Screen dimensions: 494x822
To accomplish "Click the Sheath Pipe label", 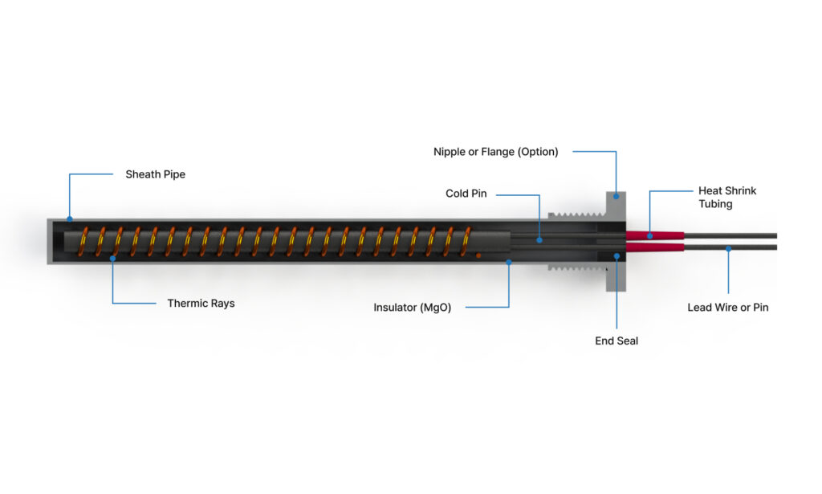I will [x=155, y=174].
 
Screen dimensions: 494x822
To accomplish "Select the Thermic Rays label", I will [x=201, y=304].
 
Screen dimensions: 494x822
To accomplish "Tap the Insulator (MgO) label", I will [x=412, y=308].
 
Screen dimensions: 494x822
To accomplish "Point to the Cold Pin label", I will [x=466, y=194].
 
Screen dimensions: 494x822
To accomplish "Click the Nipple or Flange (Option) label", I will [x=495, y=152].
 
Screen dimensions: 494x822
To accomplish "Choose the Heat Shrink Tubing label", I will [x=727, y=198].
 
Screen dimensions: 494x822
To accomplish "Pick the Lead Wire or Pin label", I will [x=727, y=308].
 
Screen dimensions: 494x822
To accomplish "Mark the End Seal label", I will [x=616, y=341].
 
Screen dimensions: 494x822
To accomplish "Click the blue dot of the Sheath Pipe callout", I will [x=69, y=218].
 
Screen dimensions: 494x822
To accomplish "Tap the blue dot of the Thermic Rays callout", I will [x=112, y=259].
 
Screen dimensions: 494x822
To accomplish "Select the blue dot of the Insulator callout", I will [x=509, y=262].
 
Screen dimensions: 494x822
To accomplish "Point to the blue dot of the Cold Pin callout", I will [x=539, y=239].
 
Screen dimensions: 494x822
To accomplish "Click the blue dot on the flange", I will [x=616, y=195].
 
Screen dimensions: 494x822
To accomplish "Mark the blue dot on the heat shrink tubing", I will [x=649, y=235].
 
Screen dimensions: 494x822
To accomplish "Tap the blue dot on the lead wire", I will [x=728, y=249].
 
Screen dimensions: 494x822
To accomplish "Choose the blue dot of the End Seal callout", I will [x=616, y=256].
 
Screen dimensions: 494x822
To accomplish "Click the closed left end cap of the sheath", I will [x=50, y=241].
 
